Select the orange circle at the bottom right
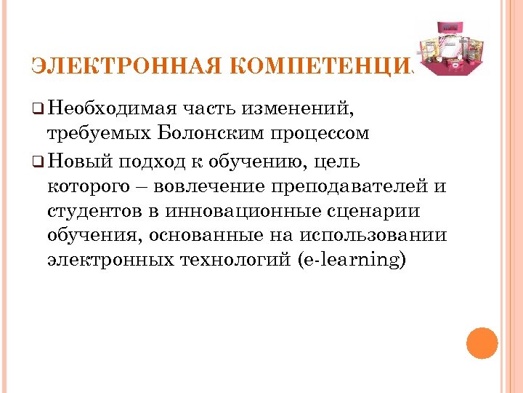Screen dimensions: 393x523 tap(482, 344)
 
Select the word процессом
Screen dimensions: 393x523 tap(319, 135)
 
